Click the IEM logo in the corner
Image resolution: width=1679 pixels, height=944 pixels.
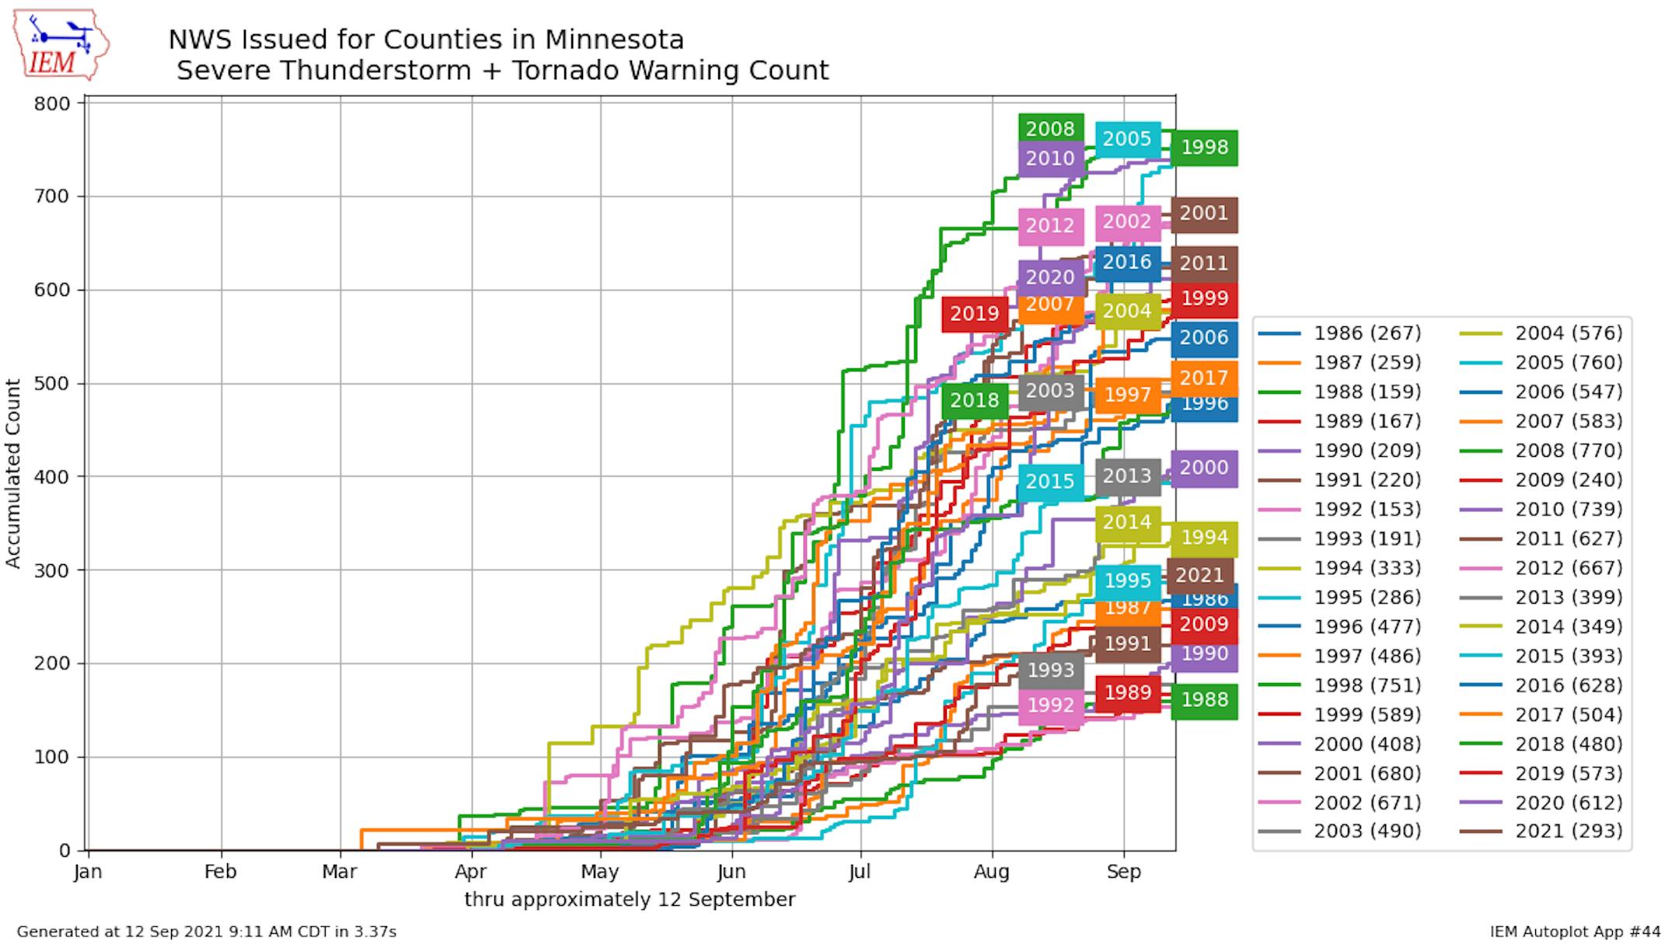pyautogui.click(x=60, y=46)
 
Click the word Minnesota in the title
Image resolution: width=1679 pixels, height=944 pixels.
pyautogui.click(x=614, y=40)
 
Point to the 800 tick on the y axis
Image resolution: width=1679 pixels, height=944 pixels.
pyautogui.click(x=51, y=103)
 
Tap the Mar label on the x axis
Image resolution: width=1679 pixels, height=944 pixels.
pyautogui.click(x=339, y=872)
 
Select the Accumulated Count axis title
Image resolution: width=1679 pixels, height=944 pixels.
pyautogui.click(x=12, y=473)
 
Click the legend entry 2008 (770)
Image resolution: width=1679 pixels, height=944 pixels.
pyautogui.click(x=1568, y=451)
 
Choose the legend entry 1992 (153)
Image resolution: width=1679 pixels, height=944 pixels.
pyautogui.click(x=1367, y=510)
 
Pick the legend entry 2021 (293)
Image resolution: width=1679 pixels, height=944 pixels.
pyautogui.click(x=1568, y=831)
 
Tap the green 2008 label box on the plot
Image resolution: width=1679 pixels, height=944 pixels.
pyautogui.click(x=1050, y=129)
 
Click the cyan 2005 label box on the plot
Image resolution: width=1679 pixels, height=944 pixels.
pyautogui.click(x=1127, y=139)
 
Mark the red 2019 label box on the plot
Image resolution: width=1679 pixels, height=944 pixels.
pyautogui.click(x=974, y=314)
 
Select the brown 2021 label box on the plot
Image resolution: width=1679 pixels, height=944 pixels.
pyautogui.click(x=1199, y=575)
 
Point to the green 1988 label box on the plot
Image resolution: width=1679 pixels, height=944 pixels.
pyautogui.click(x=1204, y=700)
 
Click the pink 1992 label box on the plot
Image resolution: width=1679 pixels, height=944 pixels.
pyautogui.click(x=1050, y=705)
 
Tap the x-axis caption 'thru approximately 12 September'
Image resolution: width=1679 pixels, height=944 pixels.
pyautogui.click(x=630, y=900)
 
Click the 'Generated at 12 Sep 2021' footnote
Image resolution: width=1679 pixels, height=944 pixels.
pyautogui.click(x=206, y=932)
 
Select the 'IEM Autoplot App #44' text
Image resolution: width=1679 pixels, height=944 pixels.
pyautogui.click(x=1575, y=932)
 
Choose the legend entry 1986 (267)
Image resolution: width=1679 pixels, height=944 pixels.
pyautogui.click(x=1367, y=333)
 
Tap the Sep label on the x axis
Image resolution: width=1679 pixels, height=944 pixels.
pyautogui.click(x=1123, y=872)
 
